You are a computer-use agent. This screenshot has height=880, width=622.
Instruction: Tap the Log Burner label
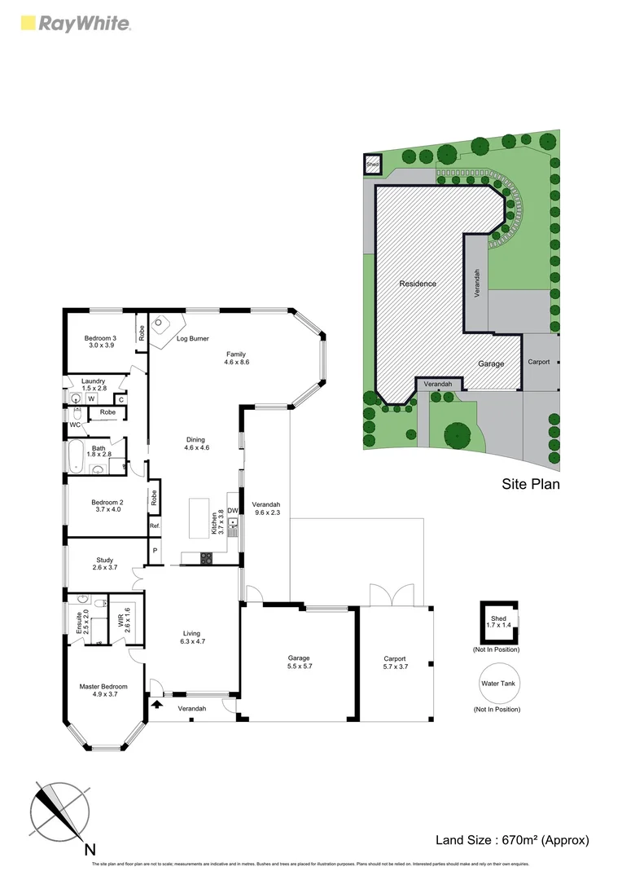coord(193,338)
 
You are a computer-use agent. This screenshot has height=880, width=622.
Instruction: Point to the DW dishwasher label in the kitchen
coord(232,511)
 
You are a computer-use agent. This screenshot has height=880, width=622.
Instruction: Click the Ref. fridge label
coord(154,526)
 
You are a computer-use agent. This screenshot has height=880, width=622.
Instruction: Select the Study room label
coord(104,564)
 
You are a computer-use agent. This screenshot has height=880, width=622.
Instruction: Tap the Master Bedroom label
coord(103,690)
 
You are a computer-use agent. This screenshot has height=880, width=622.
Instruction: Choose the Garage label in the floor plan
coord(298,662)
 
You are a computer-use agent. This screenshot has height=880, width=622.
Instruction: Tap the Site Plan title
coord(530,483)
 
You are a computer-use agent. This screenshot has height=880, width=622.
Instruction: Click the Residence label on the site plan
coord(418,284)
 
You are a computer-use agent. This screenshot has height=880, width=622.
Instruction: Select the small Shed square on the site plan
coord(372,164)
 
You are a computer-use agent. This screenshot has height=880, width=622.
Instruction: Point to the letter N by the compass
coord(90,849)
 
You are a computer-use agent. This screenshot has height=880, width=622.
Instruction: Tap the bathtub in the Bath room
coord(75,457)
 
